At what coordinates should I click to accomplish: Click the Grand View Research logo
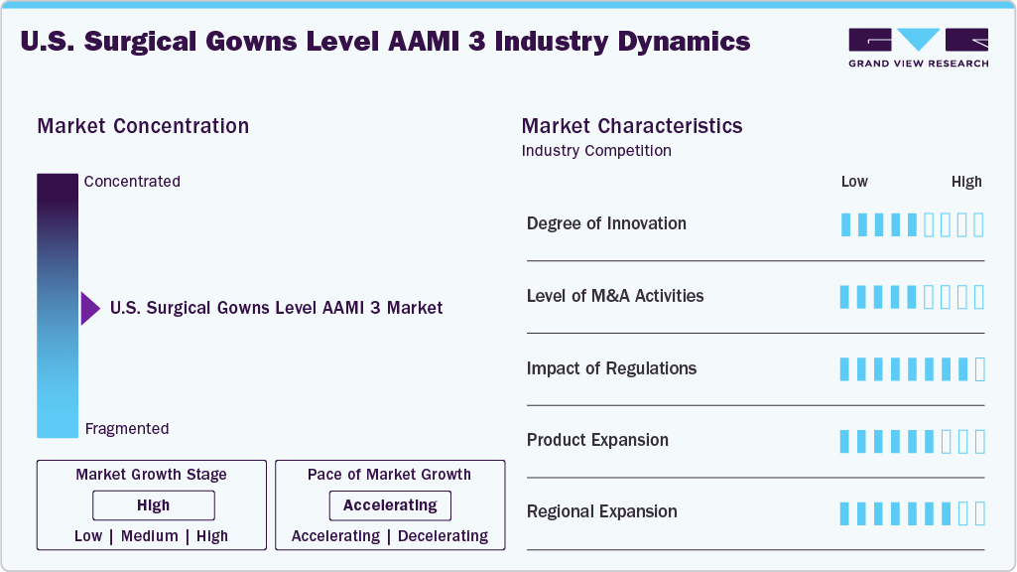(x=919, y=48)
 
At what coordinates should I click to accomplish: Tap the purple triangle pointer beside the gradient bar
(x=90, y=309)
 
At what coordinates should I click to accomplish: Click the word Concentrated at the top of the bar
(x=132, y=181)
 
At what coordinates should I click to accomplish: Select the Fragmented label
(x=127, y=429)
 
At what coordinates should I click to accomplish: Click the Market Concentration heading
(x=143, y=126)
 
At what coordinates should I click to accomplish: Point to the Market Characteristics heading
(x=632, y=126)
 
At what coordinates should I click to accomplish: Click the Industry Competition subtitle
(x=596, y=151)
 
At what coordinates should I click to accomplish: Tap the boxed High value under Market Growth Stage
(x=154, y=505)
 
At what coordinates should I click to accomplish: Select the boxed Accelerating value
(x=390, y=505)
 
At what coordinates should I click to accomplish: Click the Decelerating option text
(x=443, y=536)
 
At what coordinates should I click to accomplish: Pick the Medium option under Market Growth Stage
(x=149, y=536)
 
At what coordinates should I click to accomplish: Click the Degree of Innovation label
(x=606, y=223)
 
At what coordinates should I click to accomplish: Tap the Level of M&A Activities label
(x=615, y=296)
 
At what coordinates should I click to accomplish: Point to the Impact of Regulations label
(x=611, y=368)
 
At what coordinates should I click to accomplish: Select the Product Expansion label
(x=597, y=440)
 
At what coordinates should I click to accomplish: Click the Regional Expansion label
(x=602, y=511)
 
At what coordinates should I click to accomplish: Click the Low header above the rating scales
(x=854, y=182)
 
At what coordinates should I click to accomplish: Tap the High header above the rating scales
(x=966, y=182)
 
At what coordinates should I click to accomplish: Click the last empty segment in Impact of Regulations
(x=980, y=369)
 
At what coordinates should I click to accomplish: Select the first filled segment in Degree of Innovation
(x=845, y=225)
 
